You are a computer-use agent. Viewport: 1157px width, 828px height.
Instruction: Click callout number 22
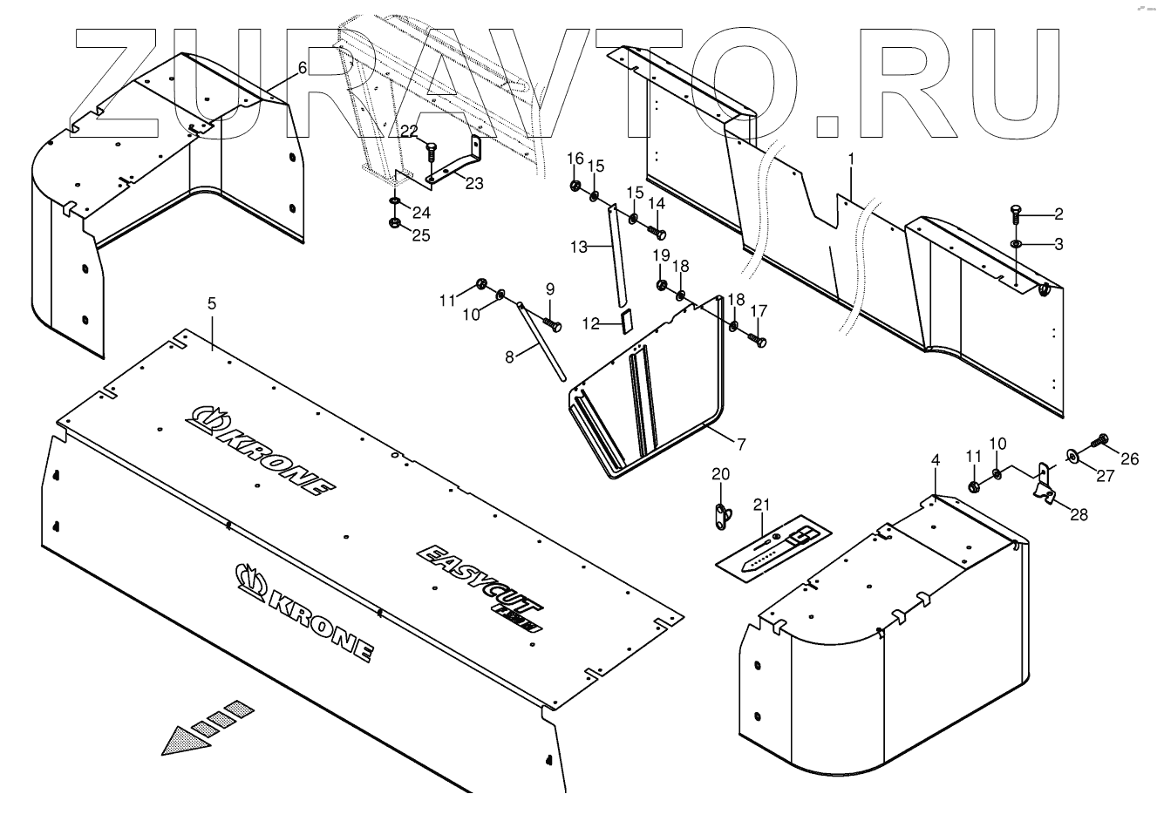coord(409,130)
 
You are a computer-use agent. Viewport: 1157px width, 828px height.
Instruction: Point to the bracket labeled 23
coord(453,166)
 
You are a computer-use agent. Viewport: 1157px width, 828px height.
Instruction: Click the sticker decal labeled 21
coord(773,547)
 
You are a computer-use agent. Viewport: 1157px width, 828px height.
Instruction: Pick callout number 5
coord(210,304)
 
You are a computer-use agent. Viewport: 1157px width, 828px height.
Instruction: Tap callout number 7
coord(740,445)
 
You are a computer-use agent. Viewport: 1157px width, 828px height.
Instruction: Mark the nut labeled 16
coord(575,185)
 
